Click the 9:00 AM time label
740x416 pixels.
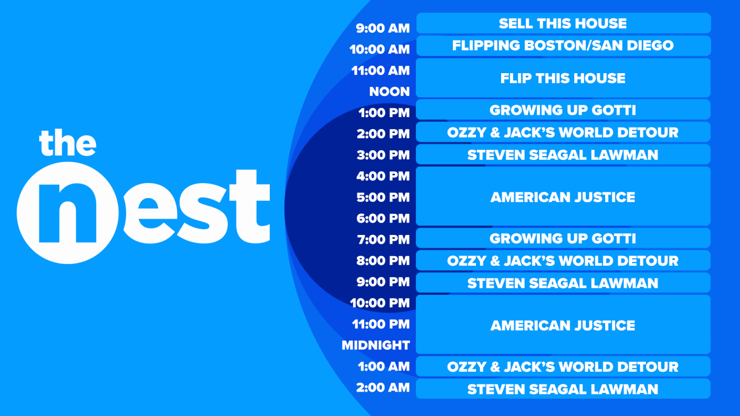pyautogui.click(x=383, y=28)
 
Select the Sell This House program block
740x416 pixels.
pyautogui.click(x=563, y=24)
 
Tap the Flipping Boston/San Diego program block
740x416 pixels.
pyautogui.click(x=563, y=46)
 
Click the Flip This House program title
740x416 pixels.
pyautogui.click(x=563, y=78)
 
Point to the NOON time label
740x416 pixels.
pyautogui.click(x=389, y=91)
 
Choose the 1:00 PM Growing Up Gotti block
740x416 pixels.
pyautogui.click(x=563, y=110)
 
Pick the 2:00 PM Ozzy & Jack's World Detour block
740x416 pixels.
pyautogui.click(x=563, y=132)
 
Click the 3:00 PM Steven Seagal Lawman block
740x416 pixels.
pyautogui.click(x=563, y=155)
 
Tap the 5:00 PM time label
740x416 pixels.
pyautogui.click(x=383, y=197)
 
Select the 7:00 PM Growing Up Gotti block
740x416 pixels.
pyautogui.click(x=563, y=238)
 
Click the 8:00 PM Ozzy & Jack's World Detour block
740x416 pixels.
pyautogui.click(x=563, y=261)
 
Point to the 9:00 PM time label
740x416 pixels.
pyautogui.click(x=383, y=282)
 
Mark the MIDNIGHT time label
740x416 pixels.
pyautogui.click(x=376, y=345)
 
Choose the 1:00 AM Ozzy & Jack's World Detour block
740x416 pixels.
pyautogui.click(x=563, y=367)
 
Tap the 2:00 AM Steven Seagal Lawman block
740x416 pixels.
pyautogui.click(x=563, y=389)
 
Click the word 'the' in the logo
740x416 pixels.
pyautogui.click(x=68, y=143)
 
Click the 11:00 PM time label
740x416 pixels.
pyautogui.click(x=381, y=325)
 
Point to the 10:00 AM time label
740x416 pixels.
pyautogui.click(x=380, y=50)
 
